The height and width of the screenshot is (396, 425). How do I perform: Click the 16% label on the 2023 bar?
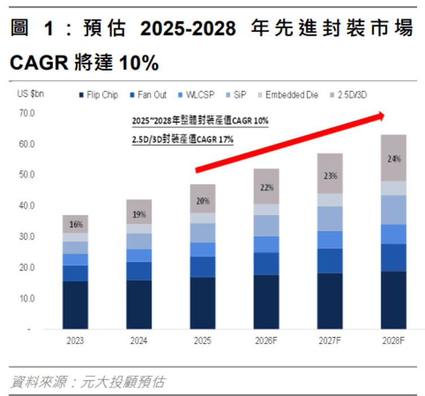click(76, 225)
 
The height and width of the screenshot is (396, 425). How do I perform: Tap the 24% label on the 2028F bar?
click(394, 159)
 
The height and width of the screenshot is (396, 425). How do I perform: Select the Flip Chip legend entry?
click(98, 95)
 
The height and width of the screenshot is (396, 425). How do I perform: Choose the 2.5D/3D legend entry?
click(349, 95)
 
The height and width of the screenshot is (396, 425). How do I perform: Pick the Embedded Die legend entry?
click(288, 95)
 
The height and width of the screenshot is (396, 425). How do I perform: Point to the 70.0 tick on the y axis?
click(27, 113)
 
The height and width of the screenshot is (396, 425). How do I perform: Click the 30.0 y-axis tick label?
click(27, 236)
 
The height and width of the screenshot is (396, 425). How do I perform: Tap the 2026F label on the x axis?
click(266, 341)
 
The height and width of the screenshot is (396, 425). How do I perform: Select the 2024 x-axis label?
click(139, 341)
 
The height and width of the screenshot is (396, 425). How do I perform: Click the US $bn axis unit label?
click(30, 94)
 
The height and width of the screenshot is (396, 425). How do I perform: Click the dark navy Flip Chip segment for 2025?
click(203, 303)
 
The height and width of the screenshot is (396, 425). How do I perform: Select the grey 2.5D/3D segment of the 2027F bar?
click(330, 173)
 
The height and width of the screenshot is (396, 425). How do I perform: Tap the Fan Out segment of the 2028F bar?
click(393, 258)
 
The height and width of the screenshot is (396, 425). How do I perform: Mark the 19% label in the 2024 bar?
click(139, 214)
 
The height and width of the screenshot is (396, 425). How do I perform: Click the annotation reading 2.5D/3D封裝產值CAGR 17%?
click(183, 139)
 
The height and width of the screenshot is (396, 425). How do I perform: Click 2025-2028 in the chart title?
click(188, 28)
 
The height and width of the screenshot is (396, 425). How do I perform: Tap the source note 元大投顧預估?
click(123, 382)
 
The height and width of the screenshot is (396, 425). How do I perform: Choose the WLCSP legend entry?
click(196, 95)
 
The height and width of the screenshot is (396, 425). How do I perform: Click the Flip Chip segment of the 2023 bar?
click(76, 305)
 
